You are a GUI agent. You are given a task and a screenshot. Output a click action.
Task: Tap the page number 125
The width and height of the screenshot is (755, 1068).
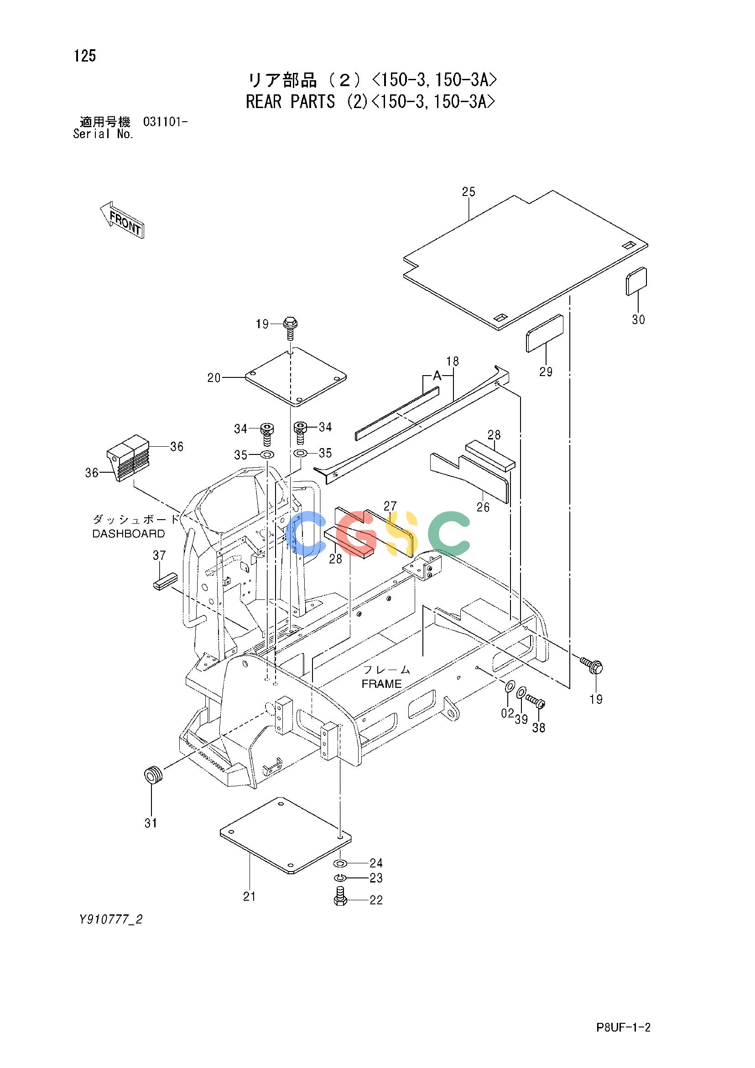85,56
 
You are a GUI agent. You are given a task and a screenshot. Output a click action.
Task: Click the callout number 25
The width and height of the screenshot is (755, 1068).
469,191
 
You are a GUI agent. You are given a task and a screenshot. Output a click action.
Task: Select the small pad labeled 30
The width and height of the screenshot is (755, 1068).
636,281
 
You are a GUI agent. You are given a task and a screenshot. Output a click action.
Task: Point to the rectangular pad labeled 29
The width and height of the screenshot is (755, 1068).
545,334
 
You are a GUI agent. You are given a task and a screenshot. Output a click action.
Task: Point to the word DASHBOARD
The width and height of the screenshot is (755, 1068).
129,533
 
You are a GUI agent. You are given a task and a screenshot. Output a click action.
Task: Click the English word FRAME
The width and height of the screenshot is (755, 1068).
382,684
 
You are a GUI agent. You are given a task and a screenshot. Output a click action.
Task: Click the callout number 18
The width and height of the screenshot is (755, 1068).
452,361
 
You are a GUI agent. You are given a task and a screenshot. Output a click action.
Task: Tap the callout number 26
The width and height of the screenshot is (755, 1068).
483,507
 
